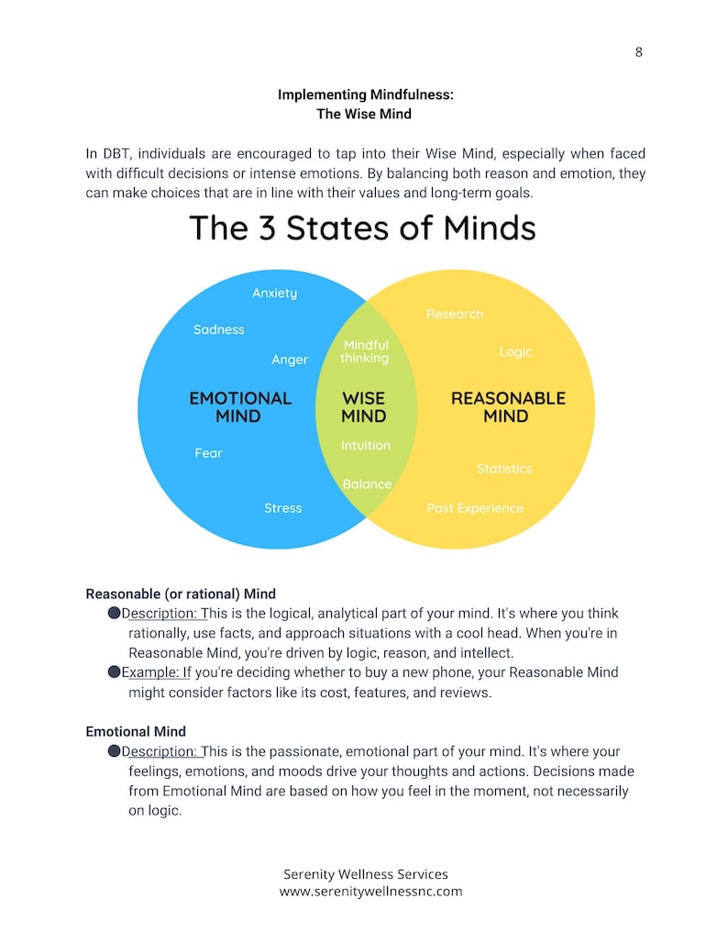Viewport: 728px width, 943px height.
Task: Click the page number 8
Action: click(x=638, y=52)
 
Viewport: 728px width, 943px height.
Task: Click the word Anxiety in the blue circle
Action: click(x=275, y=294)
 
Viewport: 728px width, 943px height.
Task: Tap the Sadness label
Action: click(x=219, y=329)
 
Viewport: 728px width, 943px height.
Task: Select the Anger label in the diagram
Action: click(x=290, y=360)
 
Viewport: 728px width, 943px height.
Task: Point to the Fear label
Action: click(x=208, y=453)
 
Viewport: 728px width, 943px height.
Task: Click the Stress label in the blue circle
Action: click(x=282, y=508)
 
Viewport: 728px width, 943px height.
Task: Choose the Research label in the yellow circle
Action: click(x=455, y=315)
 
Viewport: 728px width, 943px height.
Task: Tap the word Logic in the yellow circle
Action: click(x=515, y=352)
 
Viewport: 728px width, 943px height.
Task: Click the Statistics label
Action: click(x=504, y=469)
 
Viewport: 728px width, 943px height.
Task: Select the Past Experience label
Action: click(x=475, y=508)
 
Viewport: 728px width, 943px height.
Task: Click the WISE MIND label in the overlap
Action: click(x=364, y=407)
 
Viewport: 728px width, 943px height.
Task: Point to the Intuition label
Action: click(x=366, y=446)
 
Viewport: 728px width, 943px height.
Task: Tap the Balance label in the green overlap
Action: click(x=367, y=484)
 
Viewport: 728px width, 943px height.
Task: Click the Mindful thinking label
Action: click(x=365, y=352)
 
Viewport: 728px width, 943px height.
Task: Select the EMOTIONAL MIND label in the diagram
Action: click(x=239, y=407)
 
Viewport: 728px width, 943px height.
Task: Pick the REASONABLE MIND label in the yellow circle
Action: click(x=508, y=407)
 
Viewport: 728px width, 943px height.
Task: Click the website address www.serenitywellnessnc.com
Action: click(x=370, y=891)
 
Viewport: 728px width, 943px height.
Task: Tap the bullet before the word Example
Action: click(x=115, y=671)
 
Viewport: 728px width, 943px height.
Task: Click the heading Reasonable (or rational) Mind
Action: click(x=181, y=594)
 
